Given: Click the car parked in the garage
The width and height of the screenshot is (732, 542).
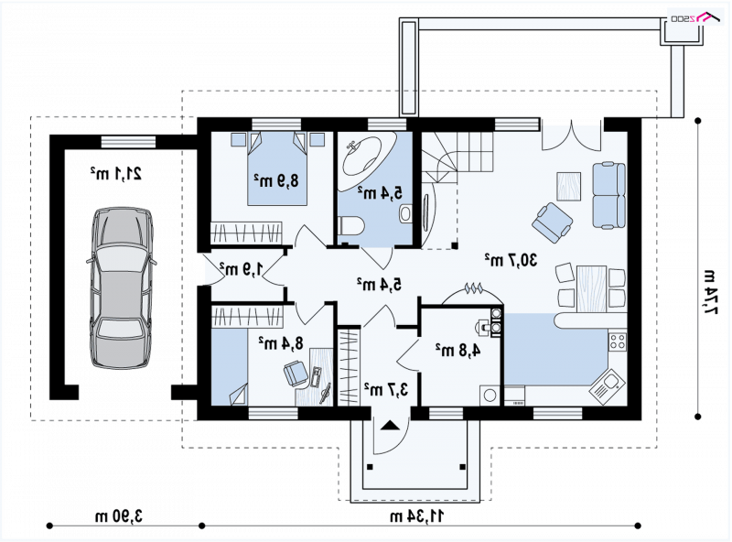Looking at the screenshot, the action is (122, 287).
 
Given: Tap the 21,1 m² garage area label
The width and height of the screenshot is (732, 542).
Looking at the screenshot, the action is (116, 173).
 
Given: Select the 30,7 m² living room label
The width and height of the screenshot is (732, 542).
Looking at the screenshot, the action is (511, 260).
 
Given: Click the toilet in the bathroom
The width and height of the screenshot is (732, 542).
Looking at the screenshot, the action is (350, 226).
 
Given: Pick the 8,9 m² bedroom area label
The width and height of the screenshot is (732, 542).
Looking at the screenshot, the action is (276, 179).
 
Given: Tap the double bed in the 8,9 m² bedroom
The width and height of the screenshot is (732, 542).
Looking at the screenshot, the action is (277, 168).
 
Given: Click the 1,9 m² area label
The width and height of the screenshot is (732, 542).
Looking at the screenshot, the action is (242, 268).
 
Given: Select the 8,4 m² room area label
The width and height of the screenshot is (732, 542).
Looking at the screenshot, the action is (281, 343).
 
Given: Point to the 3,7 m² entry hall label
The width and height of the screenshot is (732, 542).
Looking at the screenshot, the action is (386, 389).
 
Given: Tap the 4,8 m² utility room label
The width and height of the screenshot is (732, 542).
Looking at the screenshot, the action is (458, 350).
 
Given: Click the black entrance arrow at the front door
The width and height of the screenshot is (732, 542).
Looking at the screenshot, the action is (391, 426).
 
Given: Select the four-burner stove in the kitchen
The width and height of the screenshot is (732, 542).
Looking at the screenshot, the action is (618, 341).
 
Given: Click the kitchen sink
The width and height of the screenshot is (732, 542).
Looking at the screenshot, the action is (607, 387).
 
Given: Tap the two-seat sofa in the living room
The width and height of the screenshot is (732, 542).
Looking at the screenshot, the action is (609, 195).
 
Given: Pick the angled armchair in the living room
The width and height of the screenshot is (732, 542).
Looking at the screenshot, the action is (553, 222).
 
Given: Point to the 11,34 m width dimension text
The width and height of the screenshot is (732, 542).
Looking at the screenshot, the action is (417, 516).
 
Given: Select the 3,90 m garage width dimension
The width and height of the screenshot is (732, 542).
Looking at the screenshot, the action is (119, 516).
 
